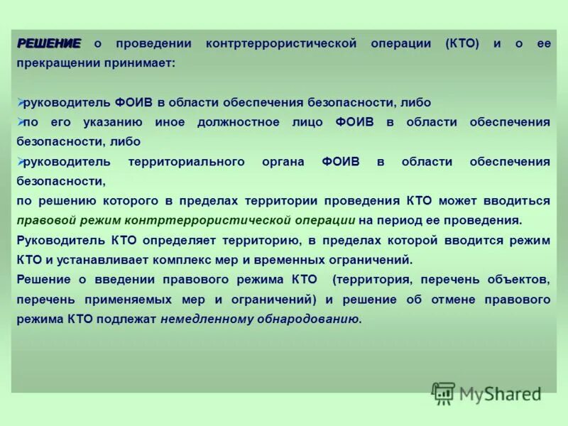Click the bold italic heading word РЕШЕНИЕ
[x=49, y=44]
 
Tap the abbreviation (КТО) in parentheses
[x=463, y=44]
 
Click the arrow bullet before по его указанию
[x=20, y=122]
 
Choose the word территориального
[x=185, y=162]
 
